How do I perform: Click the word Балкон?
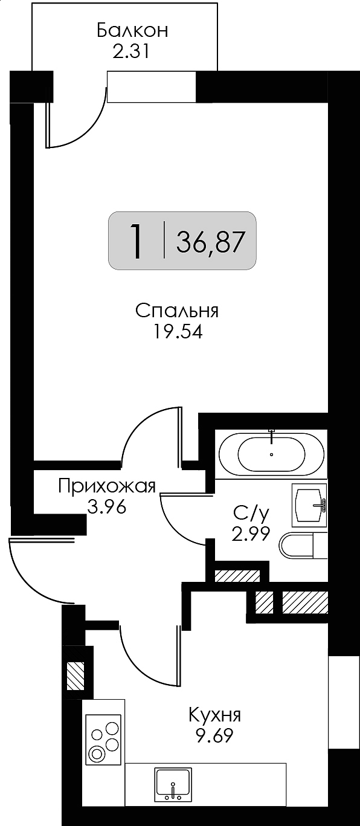[x=132, y=31]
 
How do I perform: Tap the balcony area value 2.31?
[x=131, y=51]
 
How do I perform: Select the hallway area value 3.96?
[x=107, y=508]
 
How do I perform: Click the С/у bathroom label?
[x=251, y=513]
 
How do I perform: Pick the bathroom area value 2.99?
[x=251, y=533]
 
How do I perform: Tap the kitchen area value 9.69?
[x=215, y=736]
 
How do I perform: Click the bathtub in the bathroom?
[x=272, y=454]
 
